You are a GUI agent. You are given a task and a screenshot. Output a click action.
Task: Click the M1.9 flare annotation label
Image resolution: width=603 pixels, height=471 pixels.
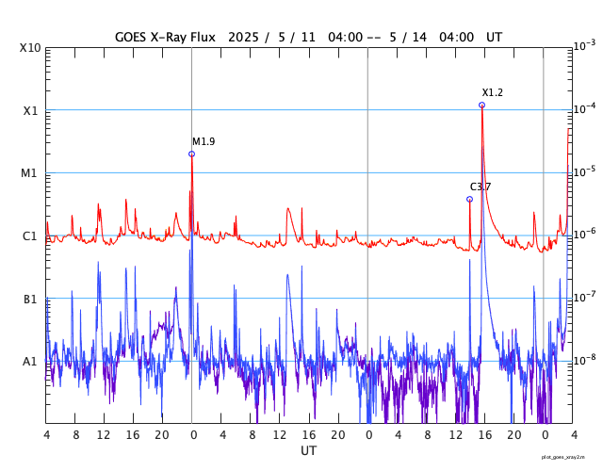click(204, 142)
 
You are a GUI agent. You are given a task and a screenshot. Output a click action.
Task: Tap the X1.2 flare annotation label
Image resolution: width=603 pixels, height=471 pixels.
click(493, 92)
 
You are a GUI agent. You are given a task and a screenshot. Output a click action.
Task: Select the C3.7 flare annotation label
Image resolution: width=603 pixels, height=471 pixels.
click(481, 187)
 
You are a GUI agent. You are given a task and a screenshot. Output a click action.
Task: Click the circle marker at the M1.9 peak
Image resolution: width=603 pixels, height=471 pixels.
click(192, 154)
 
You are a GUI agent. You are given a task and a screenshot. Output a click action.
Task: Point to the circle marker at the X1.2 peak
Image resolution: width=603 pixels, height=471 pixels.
click(482, 105)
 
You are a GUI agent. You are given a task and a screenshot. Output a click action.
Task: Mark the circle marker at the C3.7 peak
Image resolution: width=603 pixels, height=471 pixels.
click(469, 199)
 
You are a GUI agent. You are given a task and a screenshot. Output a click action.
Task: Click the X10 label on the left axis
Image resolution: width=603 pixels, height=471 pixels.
click(29, 48)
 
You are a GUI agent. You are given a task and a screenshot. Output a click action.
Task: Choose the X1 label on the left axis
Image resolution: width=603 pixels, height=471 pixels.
click(29, 111)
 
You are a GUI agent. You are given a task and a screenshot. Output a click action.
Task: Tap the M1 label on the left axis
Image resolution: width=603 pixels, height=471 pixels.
click(29, 173)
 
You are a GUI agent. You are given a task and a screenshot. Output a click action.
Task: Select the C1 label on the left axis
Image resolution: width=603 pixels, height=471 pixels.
click(29, 236)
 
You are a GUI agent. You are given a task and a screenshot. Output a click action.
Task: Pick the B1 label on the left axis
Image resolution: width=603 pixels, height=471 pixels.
click(29, 300)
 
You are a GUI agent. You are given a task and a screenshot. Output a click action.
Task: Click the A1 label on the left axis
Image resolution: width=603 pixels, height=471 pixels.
click(29, 362)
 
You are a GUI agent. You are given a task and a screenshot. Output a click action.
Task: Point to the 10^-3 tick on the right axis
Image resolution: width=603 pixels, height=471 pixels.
click(584, 45)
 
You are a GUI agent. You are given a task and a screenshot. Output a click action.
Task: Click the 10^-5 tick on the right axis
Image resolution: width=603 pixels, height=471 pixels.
click(584, 171)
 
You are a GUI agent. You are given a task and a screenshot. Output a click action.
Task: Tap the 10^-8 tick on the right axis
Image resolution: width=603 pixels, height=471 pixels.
click(584, 360)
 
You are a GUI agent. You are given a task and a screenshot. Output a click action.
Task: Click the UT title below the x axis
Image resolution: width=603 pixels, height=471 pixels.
click(308, 451)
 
